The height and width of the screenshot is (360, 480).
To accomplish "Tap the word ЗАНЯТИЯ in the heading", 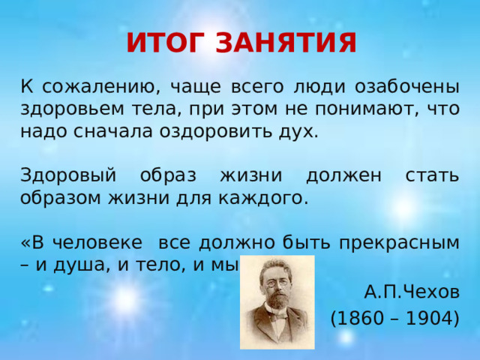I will coord(286,43).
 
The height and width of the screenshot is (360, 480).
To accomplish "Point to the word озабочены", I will coord(406,85).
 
